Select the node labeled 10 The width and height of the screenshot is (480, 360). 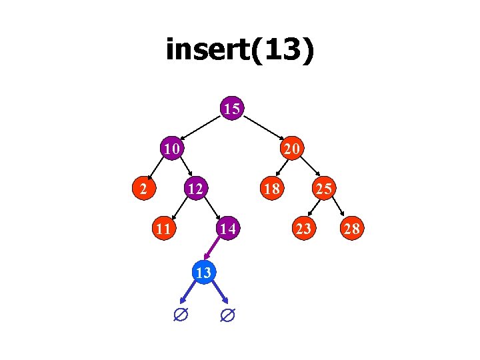point(172,149)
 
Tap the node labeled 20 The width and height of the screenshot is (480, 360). point(292,149)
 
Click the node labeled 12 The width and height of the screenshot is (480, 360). point(195,189)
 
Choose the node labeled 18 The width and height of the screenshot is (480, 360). point(271,189)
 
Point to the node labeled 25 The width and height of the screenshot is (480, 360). point(324,189)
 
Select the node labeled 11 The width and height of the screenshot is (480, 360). point(162,229)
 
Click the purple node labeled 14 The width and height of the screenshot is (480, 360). point(227,229)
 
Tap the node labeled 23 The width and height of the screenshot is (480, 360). point(303,229)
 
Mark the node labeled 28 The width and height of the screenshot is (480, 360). point(351,229)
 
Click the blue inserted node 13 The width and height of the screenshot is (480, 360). point(205,271)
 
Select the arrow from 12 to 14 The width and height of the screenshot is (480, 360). point(211,209)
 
